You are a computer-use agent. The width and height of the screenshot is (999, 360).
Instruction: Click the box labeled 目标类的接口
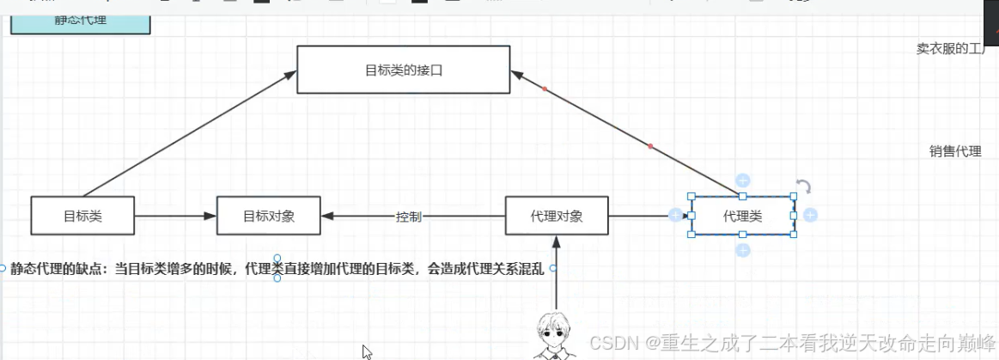[403, 70]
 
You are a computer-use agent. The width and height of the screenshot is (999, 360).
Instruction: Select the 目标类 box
[82, 216]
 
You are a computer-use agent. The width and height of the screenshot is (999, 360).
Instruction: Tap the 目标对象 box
[268, 216]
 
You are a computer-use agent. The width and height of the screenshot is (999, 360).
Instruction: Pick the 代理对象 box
[557, 216]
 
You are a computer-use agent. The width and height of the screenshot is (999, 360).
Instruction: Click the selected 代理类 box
[742, 216]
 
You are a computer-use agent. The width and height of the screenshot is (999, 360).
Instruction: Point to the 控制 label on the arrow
[409, 217]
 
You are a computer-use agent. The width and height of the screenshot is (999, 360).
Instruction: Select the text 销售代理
[955, 151]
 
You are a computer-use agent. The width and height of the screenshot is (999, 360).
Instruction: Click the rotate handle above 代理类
[803, 186]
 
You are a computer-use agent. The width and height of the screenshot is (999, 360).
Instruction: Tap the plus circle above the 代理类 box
[743, 180]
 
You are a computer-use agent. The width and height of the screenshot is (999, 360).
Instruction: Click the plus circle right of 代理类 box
[810, 215]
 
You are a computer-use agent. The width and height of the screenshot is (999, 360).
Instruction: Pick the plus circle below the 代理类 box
[743, 250]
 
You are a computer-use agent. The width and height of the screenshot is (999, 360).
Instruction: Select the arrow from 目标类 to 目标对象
[175, 216]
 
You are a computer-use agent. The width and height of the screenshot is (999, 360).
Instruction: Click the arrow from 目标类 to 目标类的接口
[185, 134]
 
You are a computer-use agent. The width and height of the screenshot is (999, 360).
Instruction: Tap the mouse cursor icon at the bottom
[367, 351]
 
